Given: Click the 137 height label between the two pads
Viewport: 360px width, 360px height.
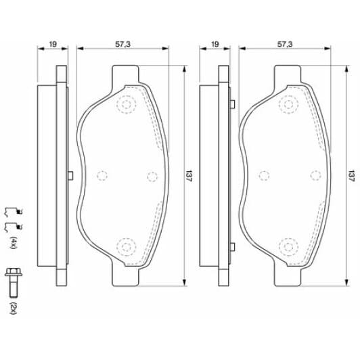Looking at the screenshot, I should (189, 174).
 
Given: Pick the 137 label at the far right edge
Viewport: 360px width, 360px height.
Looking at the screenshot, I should (351, 174).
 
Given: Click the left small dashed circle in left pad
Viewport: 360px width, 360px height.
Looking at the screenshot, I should (102, 175).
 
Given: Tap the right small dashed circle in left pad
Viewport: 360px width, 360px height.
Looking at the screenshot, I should (152, 175).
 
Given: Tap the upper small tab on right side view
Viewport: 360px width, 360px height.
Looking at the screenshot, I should (232, 104).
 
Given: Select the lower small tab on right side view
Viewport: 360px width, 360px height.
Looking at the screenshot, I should (232, 246).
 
